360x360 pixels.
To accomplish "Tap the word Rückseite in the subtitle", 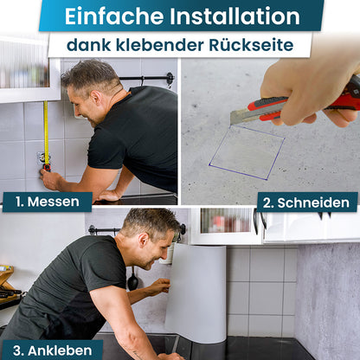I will pyautogui.click(x=260, y=44).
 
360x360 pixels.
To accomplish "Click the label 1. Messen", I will pyautogui.click(x=47, y=202).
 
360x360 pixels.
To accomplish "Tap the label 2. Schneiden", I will pyautogui.click(x=307, y=202).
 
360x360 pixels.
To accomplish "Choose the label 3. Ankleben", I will pyautogui.click(x=51, y=350).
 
